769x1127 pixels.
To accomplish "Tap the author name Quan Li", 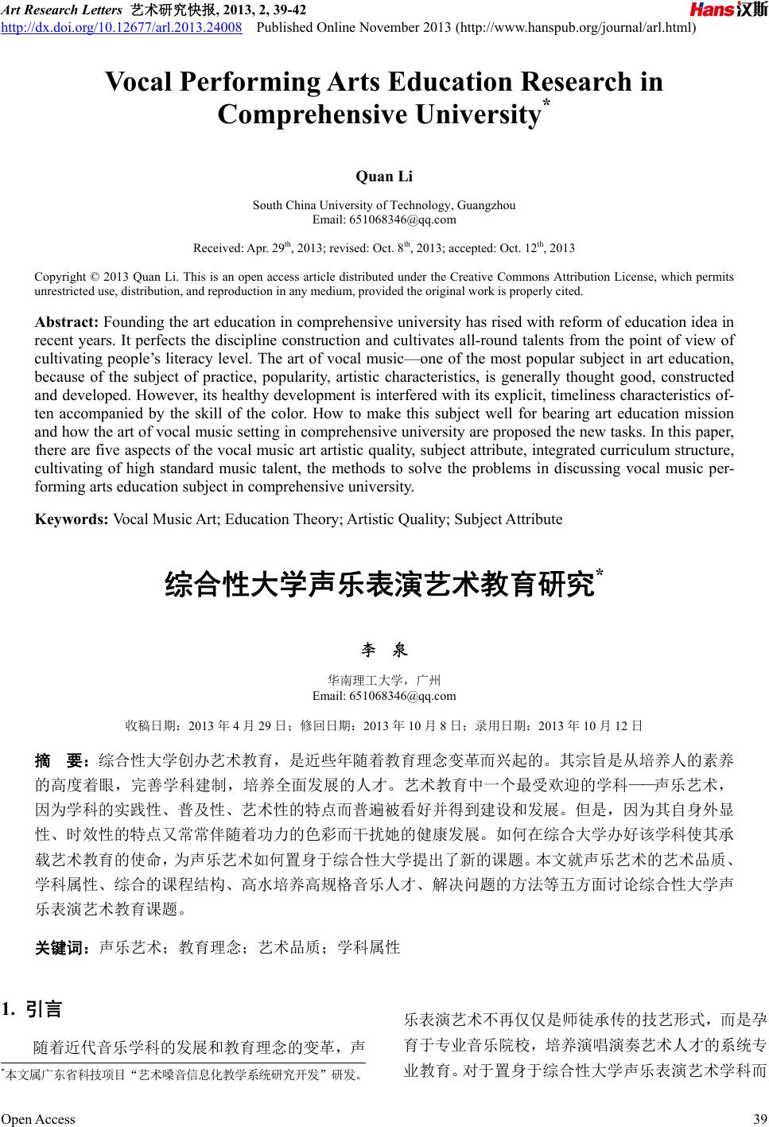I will tap(384, 176).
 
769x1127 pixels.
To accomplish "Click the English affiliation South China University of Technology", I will tap(384, 205).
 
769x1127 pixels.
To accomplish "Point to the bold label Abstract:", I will tap(67, 322).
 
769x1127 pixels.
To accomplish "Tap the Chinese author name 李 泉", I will tap(384, 651).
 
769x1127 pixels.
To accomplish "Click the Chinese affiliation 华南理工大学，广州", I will tap(384, 681).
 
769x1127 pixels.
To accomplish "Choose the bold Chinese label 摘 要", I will tap(64, 760).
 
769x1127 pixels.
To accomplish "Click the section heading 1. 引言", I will tap(32, 1010).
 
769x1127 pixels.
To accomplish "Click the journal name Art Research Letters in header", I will tap(60, 10).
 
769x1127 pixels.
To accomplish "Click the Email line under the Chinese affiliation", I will tap(384, 697).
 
